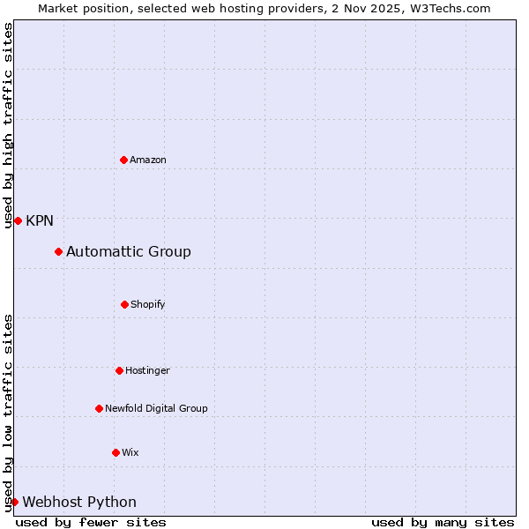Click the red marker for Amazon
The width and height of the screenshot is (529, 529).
[123, 160]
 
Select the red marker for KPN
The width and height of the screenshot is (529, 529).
[18, 220]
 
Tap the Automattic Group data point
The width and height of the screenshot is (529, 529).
[58, 252]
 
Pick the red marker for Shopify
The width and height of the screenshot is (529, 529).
[124, 304]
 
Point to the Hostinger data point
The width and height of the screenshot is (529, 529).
[119, 370]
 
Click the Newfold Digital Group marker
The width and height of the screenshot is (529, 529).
[99, 408]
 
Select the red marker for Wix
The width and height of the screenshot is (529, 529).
[115, 452]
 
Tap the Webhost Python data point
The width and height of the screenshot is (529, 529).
[14, 503]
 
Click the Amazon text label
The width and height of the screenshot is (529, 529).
[148, 160]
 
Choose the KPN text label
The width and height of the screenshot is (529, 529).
[40, 220]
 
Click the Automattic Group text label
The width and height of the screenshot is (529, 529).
[129, 252]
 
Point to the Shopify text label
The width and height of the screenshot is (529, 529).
[148, 304]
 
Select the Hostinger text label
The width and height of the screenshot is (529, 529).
[147, 370]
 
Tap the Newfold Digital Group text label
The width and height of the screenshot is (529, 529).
[156, 408]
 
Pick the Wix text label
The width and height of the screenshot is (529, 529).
[130, 452]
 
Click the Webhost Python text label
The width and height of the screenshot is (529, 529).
[79, 503]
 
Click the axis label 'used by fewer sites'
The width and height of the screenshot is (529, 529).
[91, 522]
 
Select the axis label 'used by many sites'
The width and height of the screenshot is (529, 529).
[443, 522]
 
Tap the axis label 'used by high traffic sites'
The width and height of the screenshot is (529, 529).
[8, 125]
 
